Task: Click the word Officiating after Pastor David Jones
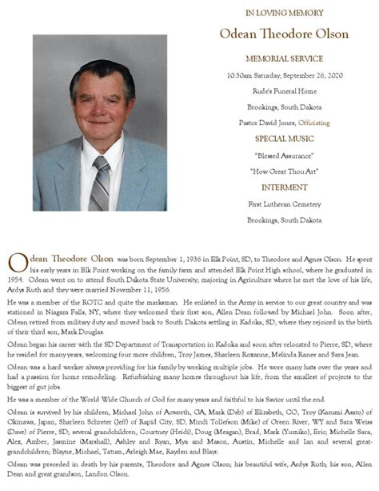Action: pyautogui.click(x=313, y=123)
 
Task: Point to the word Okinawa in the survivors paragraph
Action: pyautogui.click(x=22, y=422)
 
